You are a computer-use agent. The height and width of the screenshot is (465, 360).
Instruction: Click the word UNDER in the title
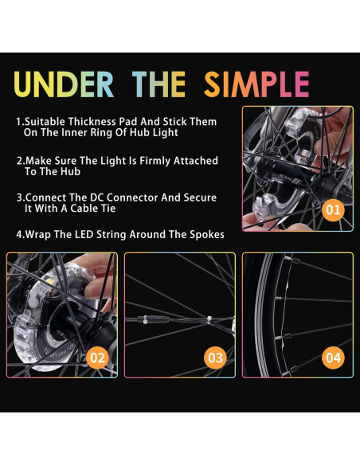click(65, 84)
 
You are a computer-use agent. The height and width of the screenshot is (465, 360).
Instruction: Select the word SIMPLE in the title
click(256, 84)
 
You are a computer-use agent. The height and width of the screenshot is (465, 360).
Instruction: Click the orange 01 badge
click(333, 211)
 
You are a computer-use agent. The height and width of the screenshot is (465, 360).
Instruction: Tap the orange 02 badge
click(97, 358)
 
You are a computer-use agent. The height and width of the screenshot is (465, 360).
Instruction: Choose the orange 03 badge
click(215, 358)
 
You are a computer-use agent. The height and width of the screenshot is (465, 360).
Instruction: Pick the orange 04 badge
click(332, 358)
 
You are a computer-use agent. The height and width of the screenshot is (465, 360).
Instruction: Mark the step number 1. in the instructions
click(20, 123)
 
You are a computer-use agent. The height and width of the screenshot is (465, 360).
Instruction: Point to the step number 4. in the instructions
click(20, 234)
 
